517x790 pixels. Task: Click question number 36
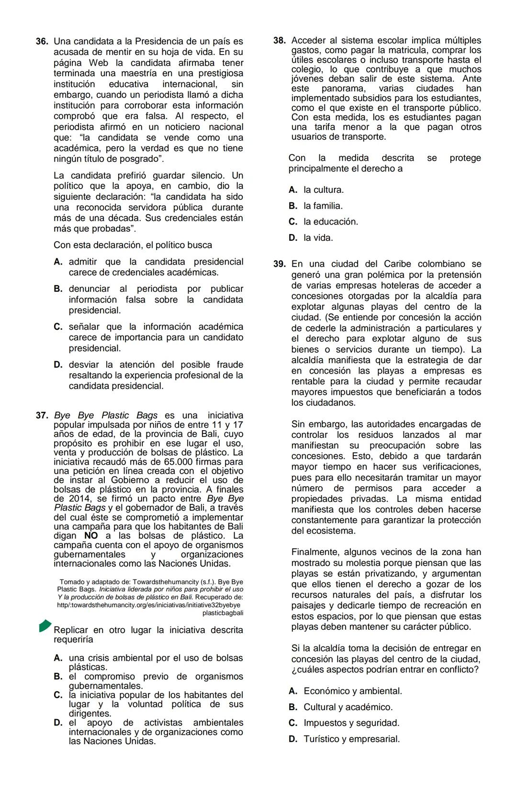[42, 42]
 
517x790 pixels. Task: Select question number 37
[42, 415]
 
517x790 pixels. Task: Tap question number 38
[279, 41]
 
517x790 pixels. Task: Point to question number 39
[279, 264]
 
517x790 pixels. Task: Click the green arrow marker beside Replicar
[45, 625]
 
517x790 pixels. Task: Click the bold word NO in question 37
[91, 536]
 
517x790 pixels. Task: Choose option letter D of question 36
[58, 365]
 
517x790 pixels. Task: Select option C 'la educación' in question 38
[330, 222]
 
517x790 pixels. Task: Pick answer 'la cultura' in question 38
[323, 190]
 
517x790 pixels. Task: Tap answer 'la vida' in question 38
[318, 238]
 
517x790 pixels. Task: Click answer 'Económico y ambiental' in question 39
[352, 691]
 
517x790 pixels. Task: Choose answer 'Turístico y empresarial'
[351, 739]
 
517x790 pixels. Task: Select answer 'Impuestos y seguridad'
[351, 723]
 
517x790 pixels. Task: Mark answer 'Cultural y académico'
[348, 707]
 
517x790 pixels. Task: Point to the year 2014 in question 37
[67, 499]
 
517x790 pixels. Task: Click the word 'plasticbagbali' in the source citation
[223, 613]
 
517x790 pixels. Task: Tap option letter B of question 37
[58, 677]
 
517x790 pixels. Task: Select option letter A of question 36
[58, 262]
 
